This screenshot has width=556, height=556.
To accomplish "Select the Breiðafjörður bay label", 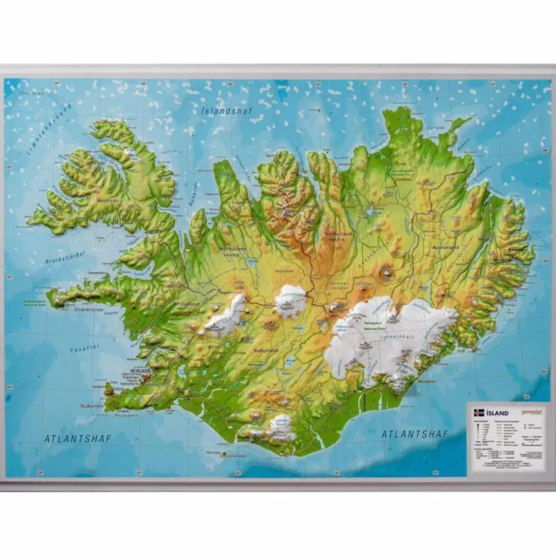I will (65, 256).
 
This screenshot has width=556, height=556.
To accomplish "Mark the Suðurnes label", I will (92, 406).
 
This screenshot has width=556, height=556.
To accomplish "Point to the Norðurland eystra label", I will (337, 236).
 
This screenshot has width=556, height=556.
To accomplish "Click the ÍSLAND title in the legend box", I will (497, 413).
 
